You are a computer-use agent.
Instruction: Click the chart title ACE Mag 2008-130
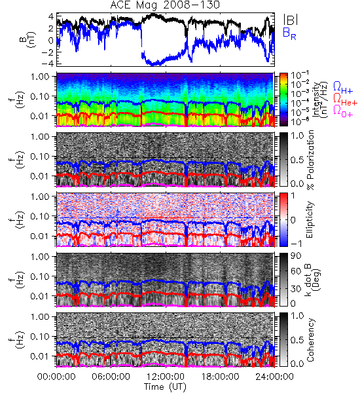click(165, 5)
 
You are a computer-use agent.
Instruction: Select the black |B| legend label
click(291, 20)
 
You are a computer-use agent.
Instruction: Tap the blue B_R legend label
click(289, 33)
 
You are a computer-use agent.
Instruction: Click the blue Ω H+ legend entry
click(343, 88)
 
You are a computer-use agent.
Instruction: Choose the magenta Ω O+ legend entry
click(343, 111)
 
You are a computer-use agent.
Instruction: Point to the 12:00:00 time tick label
click(166, 377)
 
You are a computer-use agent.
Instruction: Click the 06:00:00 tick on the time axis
click(111, 377)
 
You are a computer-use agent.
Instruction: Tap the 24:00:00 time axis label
click(274, 377)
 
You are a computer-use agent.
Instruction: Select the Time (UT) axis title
click(165, 386)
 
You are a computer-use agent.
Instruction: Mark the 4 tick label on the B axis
click(51, 17)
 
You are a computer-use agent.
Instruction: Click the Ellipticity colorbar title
click(310, 219)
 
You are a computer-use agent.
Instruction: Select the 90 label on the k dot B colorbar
click(297, 255)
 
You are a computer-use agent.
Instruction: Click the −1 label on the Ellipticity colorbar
click(297, 244)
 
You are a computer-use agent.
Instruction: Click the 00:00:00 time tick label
click(56, 377)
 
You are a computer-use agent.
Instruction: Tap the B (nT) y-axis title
click(29, 39)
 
